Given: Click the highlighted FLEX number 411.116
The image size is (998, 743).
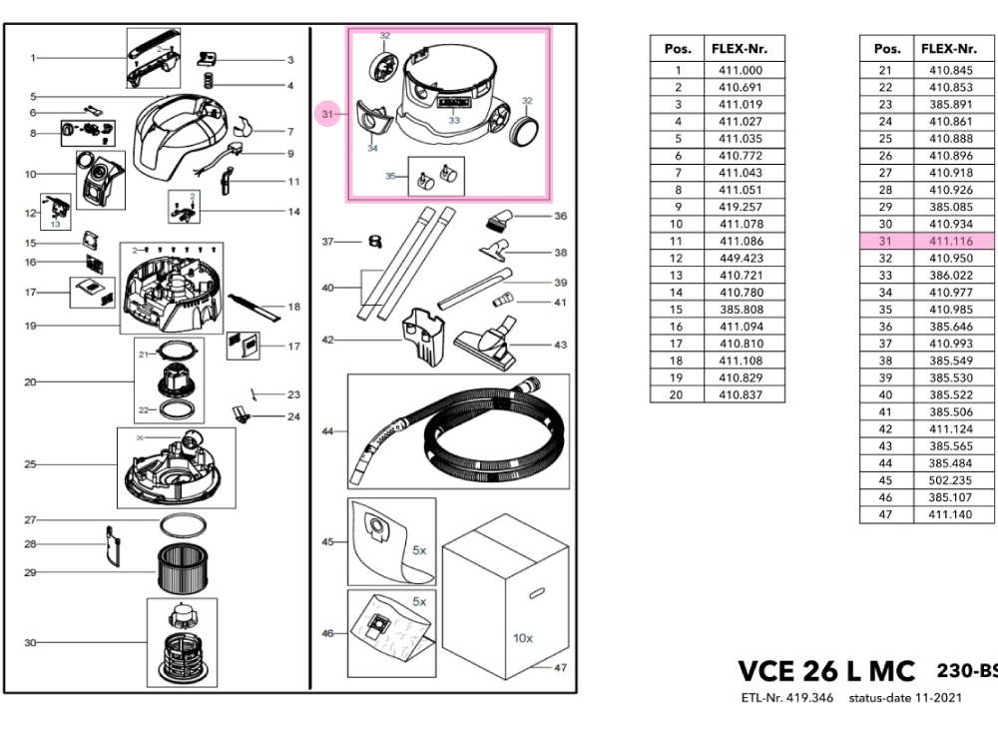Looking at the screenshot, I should click(x=950, y=241).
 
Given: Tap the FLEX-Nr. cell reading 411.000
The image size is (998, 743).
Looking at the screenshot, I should click(x=740, y=70).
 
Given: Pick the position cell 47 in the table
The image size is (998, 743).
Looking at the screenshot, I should click(x=883, y=513).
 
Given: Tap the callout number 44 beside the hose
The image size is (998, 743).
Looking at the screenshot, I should click(x=327, y=431).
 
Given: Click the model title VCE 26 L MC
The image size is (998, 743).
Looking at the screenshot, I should click(x=825, y=671).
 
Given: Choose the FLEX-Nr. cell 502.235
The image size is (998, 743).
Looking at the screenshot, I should click(x=950, y=479).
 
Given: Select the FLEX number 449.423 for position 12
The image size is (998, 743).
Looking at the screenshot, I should click(x=740, y=258).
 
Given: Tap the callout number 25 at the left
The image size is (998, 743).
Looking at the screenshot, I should click(x=31, y=464).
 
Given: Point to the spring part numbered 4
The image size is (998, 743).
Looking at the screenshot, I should click(x=211, y=80).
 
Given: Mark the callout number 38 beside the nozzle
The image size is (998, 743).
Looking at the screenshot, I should click(x=560, y=253).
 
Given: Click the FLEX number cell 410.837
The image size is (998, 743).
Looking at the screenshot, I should click(x=740, y=394).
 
